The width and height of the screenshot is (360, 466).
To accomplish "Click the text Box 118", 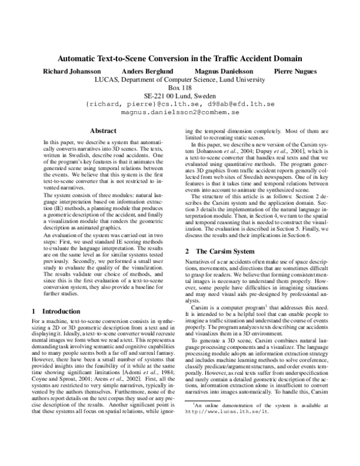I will [x=180, y=87].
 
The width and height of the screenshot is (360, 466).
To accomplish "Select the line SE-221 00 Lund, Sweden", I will [x=180, y=95].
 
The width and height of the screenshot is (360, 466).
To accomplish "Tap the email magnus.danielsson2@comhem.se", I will [x=180, y=112].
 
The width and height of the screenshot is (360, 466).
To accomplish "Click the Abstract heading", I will [x=102, y=130].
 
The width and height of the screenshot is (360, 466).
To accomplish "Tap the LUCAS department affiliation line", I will [x=180, y=79].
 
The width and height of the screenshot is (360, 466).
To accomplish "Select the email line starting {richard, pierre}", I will [x=180, y=103].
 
